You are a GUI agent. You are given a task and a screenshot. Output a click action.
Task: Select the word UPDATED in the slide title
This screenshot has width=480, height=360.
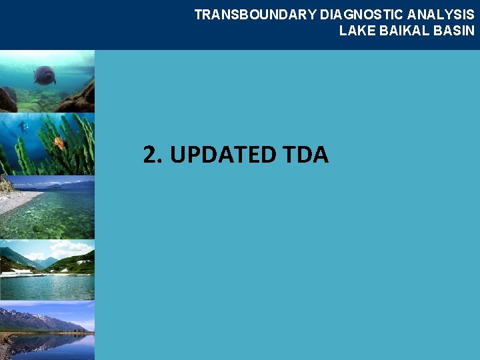[222, 155]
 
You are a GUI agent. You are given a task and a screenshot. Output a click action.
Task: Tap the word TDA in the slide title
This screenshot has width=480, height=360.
[305, 155]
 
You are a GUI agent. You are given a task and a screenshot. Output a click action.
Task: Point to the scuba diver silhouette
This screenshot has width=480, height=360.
[23, 126]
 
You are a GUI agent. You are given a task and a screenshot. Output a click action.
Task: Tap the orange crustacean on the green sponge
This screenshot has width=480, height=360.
[59, 141]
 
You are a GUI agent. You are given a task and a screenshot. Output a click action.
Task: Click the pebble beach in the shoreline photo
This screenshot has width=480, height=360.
[17, 199]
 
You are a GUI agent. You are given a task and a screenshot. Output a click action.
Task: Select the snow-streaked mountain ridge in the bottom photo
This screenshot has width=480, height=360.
[40, 319]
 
